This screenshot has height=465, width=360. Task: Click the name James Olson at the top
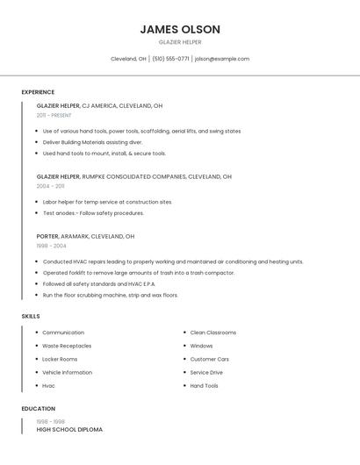click(x=180, y=30)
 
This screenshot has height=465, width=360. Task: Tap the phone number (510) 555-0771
click(x=170, y=59)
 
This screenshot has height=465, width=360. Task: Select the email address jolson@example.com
click(x=222, y=59)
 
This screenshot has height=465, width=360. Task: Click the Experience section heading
click(x=38, y=92)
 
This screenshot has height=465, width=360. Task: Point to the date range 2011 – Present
click(x=54, y=115)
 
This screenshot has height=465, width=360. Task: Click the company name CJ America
click(x=99, y=105)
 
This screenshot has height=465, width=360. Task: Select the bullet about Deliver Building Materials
click(x=92, y=142)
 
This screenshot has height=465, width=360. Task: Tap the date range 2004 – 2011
click(x=50, y=186)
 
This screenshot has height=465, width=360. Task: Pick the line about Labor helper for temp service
click(x=107, y=202)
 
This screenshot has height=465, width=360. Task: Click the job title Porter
click(x=47, y=236)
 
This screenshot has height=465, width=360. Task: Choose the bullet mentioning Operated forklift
click(x=139, y=273)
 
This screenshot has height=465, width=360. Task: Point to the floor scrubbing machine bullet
click(x=111, y=296)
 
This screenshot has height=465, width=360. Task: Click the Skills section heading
click(x=30, y=316)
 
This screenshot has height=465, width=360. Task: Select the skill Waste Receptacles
click(x=67, y=346)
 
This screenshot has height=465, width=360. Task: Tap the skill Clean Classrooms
click(x=213, y=333)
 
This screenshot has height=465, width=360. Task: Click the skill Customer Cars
click(x=210, y=359)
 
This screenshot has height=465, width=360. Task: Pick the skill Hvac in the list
click(x=48, y=386)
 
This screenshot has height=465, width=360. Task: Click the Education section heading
click(x=38, y=409)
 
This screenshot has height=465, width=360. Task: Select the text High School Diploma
click(x=69, y=430)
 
